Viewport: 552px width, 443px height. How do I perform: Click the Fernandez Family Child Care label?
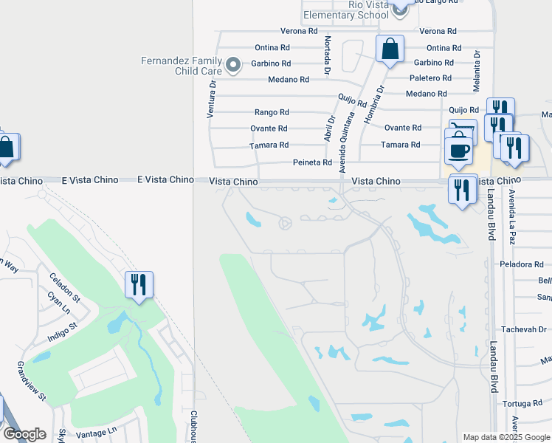coord(180,66)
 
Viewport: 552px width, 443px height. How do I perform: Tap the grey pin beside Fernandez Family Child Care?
coord(233,66)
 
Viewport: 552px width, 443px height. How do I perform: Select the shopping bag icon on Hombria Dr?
coord(390,49)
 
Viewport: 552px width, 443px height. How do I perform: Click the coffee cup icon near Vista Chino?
coord(458,149)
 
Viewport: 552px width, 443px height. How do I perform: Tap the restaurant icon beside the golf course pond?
coord(139,284)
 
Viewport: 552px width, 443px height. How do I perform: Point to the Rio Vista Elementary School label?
coord(346,10)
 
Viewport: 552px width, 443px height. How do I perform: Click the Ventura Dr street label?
coord(211,100)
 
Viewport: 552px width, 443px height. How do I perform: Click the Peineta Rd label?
coord(312,162)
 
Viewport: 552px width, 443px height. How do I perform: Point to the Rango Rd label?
coord(272,112)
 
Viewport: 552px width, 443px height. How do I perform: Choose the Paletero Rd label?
coord(430,78)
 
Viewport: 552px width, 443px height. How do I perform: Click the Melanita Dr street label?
coord(477,71)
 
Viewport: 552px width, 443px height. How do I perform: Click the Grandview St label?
coord(32,382)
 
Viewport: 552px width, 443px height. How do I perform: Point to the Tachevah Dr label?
coord(525,329)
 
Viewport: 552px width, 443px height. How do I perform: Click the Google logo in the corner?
coord(24,434)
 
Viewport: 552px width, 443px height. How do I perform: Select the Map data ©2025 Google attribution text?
coord(507,437)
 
